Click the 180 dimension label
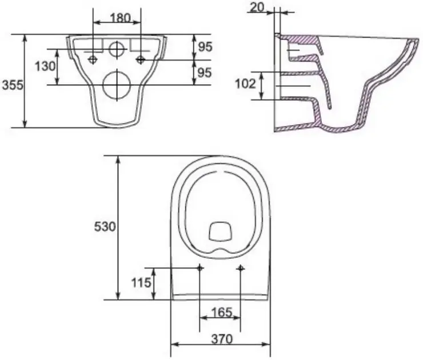tap(120, 18)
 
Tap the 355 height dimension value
tap(13, 85)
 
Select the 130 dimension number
tap(45, 66)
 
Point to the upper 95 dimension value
tap(205, 47)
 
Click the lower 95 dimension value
tap(205, 73)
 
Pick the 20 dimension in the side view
tap(257, 7)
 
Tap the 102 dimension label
tap(245, 84)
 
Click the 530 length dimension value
tap(105, 226)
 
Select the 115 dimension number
tap(141, 283)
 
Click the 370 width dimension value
tap(221, 339)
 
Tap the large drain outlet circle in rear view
tap(117, 85)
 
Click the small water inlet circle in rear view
tap(117, 49)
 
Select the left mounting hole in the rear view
tap(93, 59)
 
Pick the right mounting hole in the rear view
tap(141, 59)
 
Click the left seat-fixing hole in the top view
tap(200, 268)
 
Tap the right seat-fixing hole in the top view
tap(240, 268)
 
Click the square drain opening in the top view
tap(221, 231)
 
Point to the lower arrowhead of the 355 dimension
tap(25, 123)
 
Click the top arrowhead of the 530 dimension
tap(118, 160)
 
